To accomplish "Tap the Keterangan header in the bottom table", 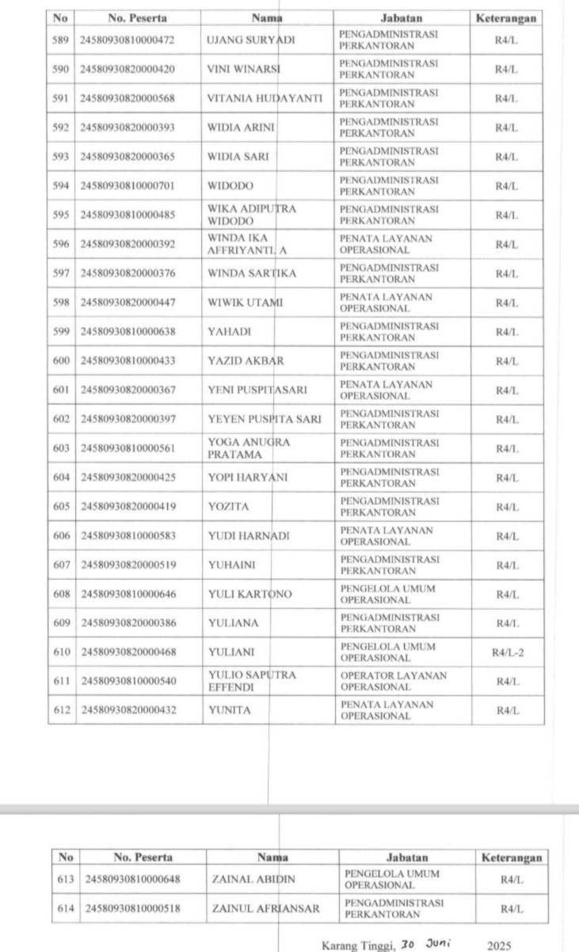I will point(511,857).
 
